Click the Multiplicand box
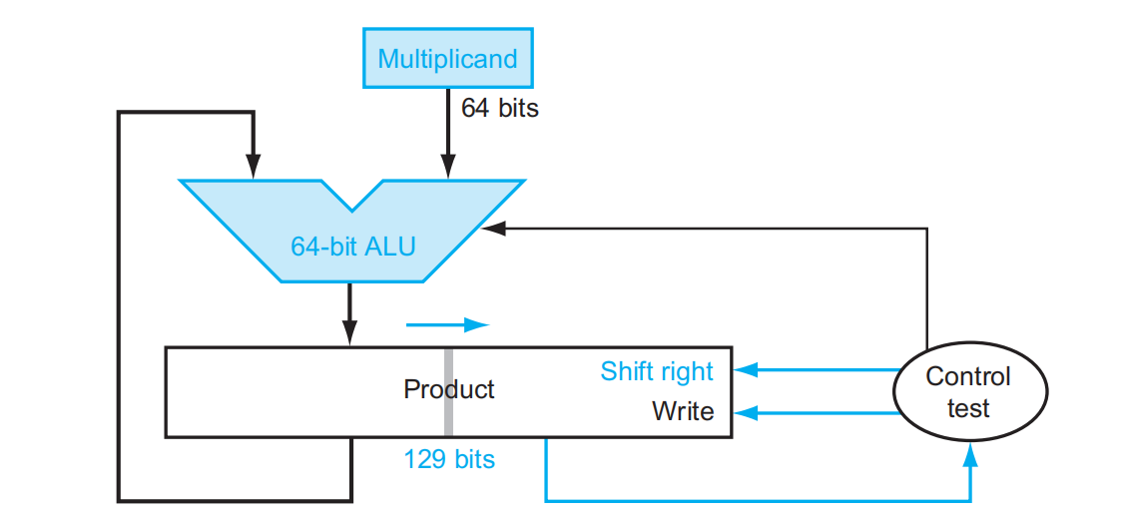(x=447, y=58)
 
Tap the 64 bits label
(x=499, y=108)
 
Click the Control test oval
(x=967, y=391)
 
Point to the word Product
(x=448, y=389)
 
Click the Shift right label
(x=657, y=371)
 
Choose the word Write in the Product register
(x=683, y=411)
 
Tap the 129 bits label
(x=449, y=459)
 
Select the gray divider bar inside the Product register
(x=448, y=391)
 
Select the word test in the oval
(x=967, y=408)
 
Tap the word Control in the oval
(x=967, y=376)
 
